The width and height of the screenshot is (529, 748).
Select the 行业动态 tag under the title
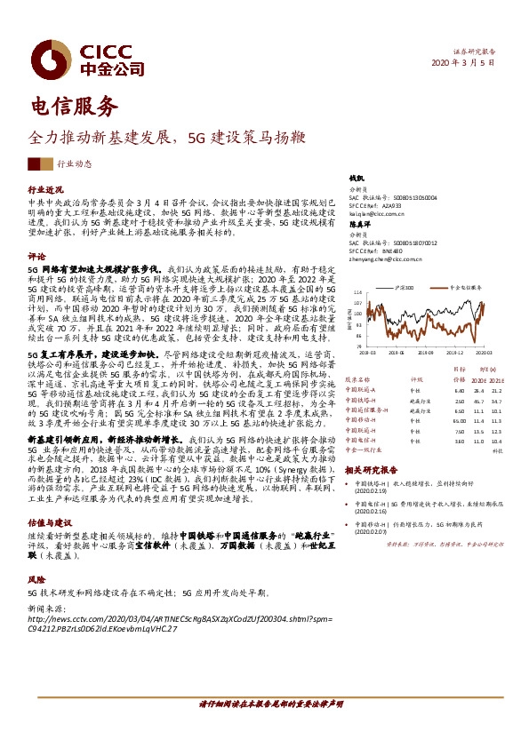(74, 163)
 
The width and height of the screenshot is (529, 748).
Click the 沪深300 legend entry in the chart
(403, 288)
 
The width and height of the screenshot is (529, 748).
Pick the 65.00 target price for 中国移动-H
(459, 421)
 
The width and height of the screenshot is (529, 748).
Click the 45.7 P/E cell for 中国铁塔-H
(480, 401)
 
